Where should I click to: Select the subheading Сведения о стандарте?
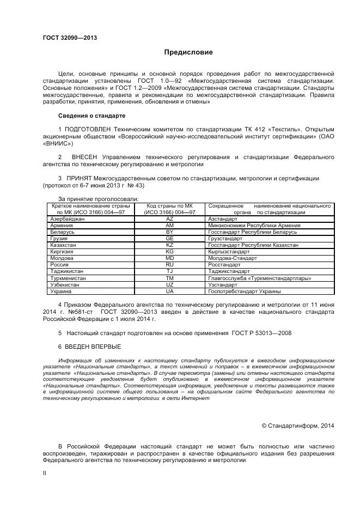click(91, 116)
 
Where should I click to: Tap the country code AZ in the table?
click(169, 218)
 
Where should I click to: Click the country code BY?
click(169, 232)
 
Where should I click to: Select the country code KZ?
click(169, 245)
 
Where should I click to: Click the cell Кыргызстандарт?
click(229, 252)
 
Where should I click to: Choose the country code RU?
click(169, 265)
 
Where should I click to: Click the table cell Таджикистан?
click(66, 271)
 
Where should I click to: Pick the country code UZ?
click(169, 284)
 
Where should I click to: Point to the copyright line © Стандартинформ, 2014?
click(298, 426)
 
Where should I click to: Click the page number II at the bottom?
click(45, 473)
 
